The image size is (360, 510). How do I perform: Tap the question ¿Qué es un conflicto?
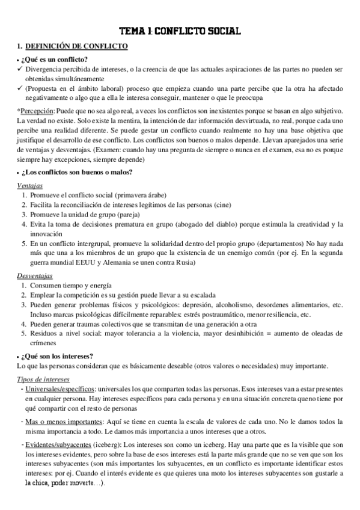click(x=55, y=59)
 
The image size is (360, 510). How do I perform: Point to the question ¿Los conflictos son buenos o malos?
click(x=78, y=173)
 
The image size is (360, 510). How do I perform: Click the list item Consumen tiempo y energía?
click(x=70, y=285)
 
